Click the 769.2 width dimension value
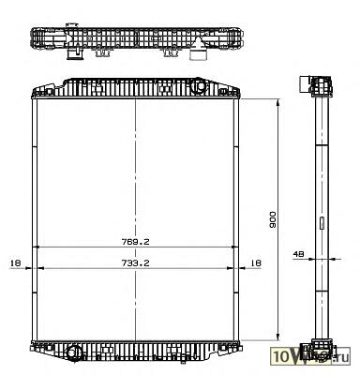[135, 242]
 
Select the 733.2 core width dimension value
[135, 263]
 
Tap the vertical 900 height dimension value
[273, 219]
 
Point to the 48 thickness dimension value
[298, 254]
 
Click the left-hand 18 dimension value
[15, 263]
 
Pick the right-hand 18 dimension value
[256, 263]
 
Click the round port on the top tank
[199, 86]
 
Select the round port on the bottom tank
[74, 352]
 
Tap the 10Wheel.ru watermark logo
[310, 355]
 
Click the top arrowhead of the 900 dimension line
[277, 103]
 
